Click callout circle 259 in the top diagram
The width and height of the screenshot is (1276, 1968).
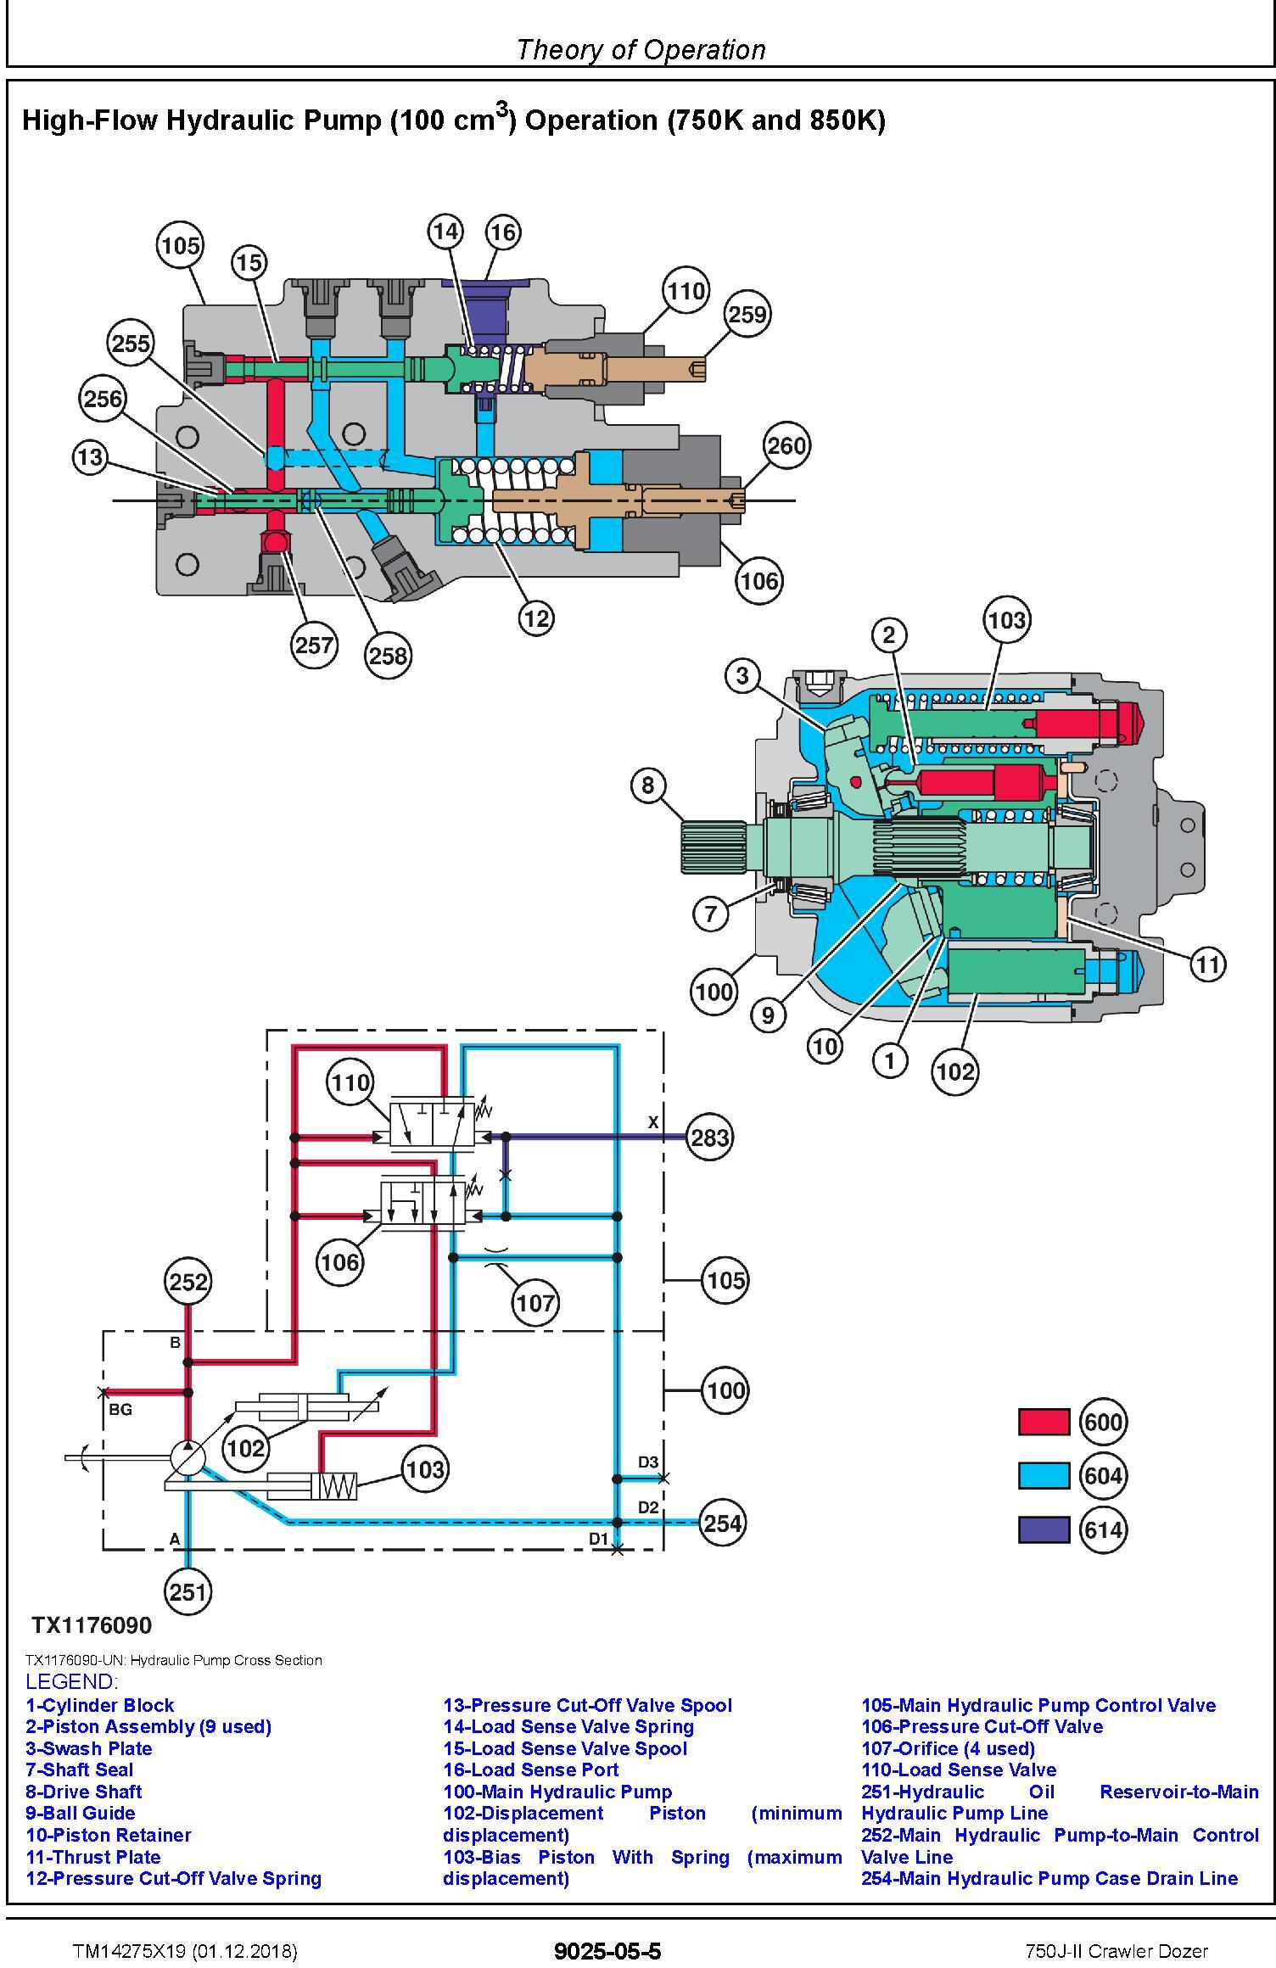click(x=747, y=314)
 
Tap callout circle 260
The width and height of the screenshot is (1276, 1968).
click(x=786, y=445)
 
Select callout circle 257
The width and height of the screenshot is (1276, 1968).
click(x=314, y=645)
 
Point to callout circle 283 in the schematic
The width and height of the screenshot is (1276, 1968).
click(x=710, y=1137)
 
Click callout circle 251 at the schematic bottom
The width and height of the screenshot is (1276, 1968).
click(x=188, y=1591)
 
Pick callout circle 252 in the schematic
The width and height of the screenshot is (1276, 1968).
click(x=188, y=1281)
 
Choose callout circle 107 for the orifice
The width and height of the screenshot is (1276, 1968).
click(x=535, y=1302)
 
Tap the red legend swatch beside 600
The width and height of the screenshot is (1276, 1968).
click(x=1044, y=1422)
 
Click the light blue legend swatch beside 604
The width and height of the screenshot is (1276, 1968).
click(x=1044, y=1475)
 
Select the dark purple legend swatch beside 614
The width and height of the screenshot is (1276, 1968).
click(x=1044, y=1529)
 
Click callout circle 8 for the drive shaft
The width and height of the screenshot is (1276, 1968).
click(x=648, y=785)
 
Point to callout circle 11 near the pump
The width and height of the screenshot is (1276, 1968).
click(x=1207, y=964)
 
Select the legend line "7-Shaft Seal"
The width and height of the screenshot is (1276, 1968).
click(x=80, y=1770)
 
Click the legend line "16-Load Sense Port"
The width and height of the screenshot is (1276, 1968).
click(x=531, y=1770)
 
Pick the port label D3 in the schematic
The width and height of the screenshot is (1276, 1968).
click(x=648, y=1462)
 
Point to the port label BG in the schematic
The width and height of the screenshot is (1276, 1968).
click(x=120, y=1409)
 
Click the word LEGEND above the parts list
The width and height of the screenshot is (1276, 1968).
click(x=71, y=1681)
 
